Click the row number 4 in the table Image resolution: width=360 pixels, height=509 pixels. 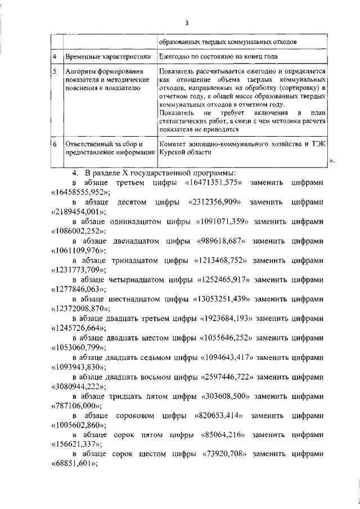pyautogui.click(x=54, y=57)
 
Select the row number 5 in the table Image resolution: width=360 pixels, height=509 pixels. pyautogui.click(x=54, y=73)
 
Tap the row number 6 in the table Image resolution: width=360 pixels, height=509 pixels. pyautogui.click(x=54, y=144)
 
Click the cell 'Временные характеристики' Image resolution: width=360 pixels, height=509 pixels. pyautogui.click(x=107, y=57)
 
